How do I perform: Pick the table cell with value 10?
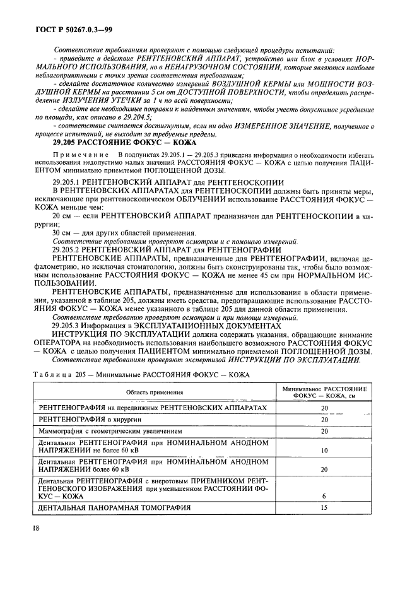pyautogui.click(x=324, y=451)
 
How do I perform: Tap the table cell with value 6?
pyautogui.click(x=324, y=496)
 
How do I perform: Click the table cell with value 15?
pyautogui.click(x=324, y=507)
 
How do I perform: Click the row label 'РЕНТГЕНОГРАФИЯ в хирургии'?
pyautogui.click(x=83, y=419)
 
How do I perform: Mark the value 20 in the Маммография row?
pyautogui.click(x=324, y=431)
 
